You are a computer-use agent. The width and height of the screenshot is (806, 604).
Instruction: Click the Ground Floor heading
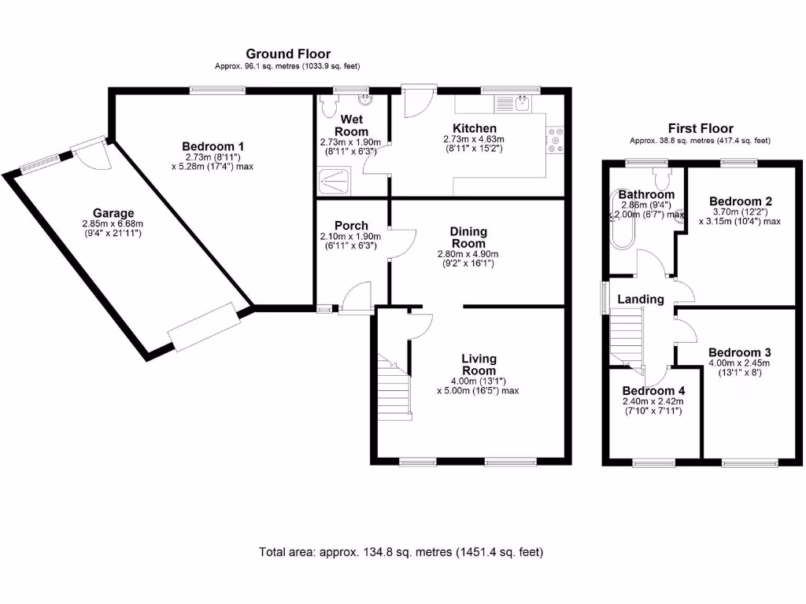click(288, 53)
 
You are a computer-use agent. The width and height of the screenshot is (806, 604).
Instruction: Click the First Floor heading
click(700, 128)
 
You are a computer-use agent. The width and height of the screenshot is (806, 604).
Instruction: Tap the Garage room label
click(113, 212)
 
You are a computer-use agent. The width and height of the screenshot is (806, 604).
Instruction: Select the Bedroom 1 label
click(213, 146)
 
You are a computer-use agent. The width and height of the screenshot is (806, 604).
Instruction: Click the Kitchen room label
click(474, 128)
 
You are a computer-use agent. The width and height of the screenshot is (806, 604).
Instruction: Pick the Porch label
click(350, 226)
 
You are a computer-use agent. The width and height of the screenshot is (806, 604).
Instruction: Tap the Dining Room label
click(468, 237)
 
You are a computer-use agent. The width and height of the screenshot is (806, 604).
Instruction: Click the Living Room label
click(479, 365)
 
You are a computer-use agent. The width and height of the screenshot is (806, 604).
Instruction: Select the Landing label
click(640, 299)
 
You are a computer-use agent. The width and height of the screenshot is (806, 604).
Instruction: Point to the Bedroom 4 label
click(648, 391)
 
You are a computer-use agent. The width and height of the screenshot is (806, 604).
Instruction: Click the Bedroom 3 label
click(738, 352)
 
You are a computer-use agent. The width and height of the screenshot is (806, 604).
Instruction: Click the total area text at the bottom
click(401, 552)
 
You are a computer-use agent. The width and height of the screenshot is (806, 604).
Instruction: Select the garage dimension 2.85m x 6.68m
click(113, 224)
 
